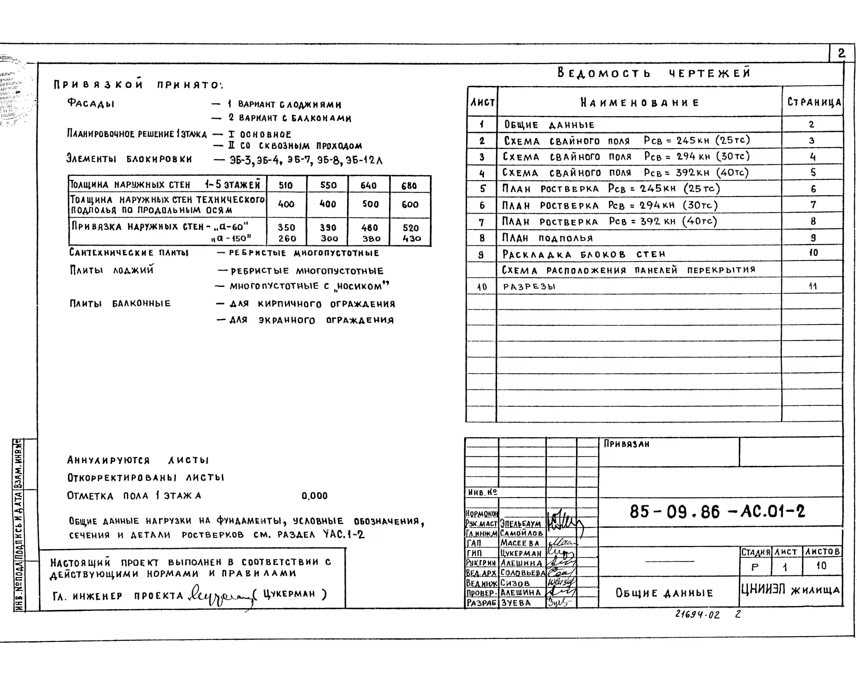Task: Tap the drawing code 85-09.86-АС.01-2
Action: coord(717,511)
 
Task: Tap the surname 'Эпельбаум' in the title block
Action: coord(520,524)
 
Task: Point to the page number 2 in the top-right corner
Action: coord(841,53)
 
